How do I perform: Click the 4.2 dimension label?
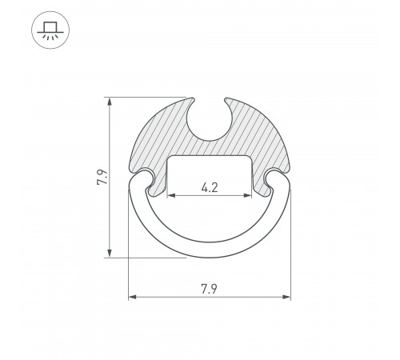(210, 187)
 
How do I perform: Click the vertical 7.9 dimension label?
(102, 177)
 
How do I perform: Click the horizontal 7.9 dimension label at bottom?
(209, 289)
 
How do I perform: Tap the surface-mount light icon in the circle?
(50, 30)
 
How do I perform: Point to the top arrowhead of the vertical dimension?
(110, 102)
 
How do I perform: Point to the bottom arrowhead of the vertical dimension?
(110, 254)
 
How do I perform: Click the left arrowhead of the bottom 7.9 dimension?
(133, 297)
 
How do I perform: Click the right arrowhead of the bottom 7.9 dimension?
(286, 297)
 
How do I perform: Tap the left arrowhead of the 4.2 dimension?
(171, 195)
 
